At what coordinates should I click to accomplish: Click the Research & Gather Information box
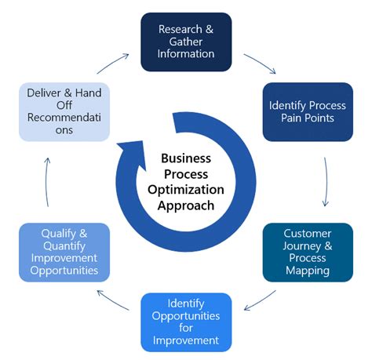186,42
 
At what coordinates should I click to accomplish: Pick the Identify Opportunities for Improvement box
187,322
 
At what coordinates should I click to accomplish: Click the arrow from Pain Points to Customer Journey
324,180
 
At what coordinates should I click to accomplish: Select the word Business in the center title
186,158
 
